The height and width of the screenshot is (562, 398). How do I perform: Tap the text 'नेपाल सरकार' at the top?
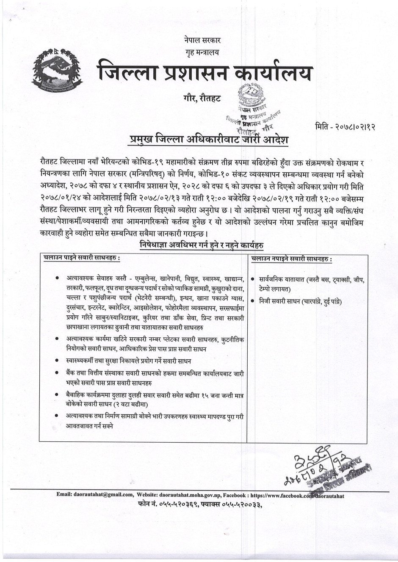202,41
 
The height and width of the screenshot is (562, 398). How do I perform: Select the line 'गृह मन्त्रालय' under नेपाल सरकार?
202,52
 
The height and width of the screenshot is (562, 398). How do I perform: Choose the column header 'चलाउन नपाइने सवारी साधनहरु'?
291,259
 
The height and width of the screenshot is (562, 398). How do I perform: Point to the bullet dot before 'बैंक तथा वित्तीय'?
57,372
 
